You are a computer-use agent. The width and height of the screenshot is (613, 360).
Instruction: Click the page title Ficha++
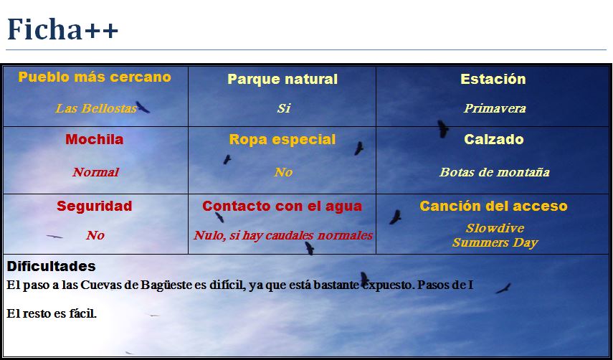pyautogui.click(x=62, y=29)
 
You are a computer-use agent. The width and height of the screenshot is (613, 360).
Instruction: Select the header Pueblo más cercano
pyautogui.click(x=95, y=77)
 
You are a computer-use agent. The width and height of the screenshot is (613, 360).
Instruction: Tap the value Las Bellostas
pyautogui.click(x=96, y=108)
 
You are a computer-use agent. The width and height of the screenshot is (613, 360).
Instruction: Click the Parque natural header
pyautogui.click(x=282, y=80)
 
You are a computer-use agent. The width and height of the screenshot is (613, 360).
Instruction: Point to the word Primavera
pyautogui.click(x=495, y=108)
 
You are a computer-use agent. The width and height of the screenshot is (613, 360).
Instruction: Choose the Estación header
pyautogui.click(x=493, y=79)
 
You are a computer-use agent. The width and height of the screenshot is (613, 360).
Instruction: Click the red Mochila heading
pyautogui.click(x=94, y=139)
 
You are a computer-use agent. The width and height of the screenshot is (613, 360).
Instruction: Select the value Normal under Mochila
pyautogui.click(x=95, y=172)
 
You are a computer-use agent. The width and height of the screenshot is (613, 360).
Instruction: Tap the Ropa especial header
pyautogui.click(x=282, y=140)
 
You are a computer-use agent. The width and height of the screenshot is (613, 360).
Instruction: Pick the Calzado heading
pyautogui.click(x=494, y=139)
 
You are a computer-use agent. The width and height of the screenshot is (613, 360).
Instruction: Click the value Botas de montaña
pyautogui.click(x=495, y=172)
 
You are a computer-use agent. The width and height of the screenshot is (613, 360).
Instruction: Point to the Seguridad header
pyautogui.click(x=94, y=206)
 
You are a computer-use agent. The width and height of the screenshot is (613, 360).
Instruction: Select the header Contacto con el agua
pyautogui.click(x=282, y=206)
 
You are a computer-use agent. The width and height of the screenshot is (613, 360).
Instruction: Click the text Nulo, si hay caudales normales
pyautogui.click(x=282, y=235)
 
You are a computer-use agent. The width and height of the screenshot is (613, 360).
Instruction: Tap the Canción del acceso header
pyautogui.click(x=493, y=206)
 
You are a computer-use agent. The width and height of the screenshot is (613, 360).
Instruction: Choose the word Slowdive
pyautogui.click(x=495, y=228)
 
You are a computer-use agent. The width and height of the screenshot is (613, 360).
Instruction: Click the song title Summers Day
pyautogui.click(x=495, y=242)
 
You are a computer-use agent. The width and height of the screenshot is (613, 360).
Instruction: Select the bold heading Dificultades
pyautogui.click(x=51, y=266)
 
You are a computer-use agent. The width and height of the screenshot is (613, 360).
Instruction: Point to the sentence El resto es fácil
pyautogui.click(x=52, y=313)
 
